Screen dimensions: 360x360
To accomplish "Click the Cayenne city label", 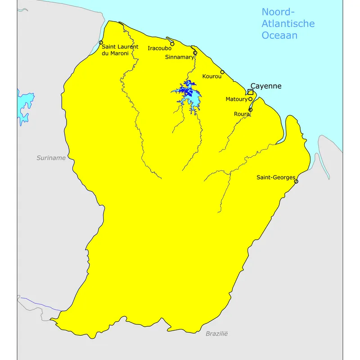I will [265, 85].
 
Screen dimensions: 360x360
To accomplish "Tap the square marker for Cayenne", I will [250, 92].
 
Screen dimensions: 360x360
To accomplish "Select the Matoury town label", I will [236, 99].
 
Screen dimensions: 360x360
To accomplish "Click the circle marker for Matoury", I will [250, 99].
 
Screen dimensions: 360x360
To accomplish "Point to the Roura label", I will [241, 114].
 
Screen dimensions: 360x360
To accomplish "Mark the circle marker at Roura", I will [251, 109].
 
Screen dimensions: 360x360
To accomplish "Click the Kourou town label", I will [211, 76].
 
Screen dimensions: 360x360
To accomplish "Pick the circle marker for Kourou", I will [222, 72].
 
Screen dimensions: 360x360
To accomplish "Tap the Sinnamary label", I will [179, 57].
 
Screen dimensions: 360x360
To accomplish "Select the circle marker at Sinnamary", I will [195, 53].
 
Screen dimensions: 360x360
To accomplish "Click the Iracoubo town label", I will [159, 48].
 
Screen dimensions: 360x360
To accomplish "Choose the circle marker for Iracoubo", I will [172, 44].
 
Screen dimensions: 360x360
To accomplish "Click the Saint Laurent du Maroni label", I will [120, 50].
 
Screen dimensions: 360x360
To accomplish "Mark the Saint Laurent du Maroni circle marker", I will [101, 43].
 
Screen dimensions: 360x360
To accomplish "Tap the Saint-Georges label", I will [276, 177].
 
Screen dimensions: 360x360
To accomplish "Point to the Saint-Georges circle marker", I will [296, 181].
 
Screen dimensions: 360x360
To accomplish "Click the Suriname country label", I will [51, 158].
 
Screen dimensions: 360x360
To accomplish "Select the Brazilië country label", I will [217, 333].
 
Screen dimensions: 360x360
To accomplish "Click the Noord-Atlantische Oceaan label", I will [288, 23].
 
